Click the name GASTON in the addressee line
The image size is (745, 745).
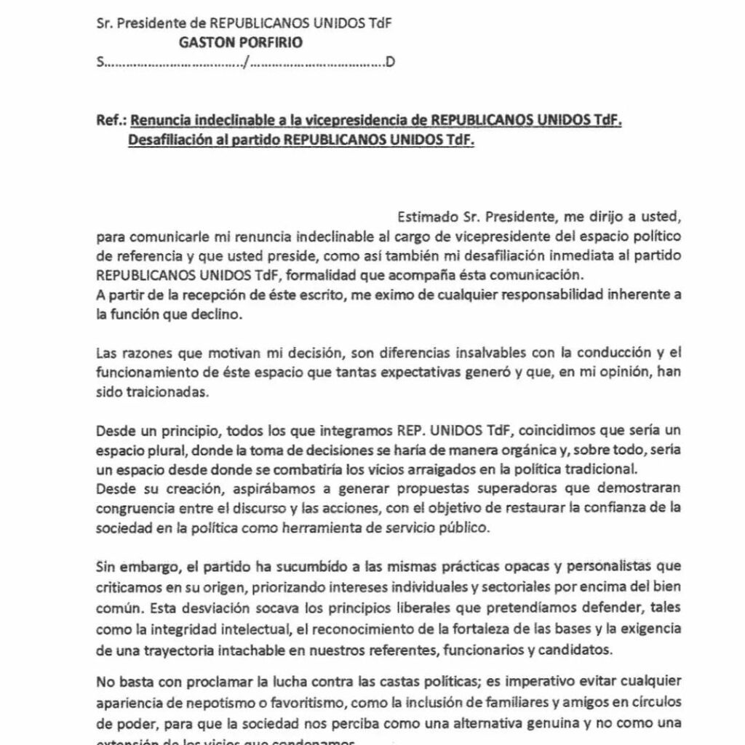pyautogui.click(x=204, y=42)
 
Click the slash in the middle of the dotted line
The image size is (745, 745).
pyautogui.click(x=247, y=63)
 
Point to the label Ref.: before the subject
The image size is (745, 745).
pyautogui.click(x=111, y=120)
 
